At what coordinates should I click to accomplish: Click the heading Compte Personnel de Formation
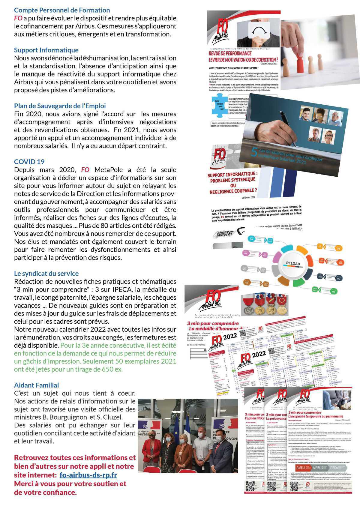click(62, 10)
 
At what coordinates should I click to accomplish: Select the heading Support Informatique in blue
click(46, 50)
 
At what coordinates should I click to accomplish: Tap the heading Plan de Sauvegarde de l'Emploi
click(60, 106)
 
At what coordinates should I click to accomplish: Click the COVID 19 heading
click(29, 162)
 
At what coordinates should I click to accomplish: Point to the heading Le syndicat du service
click(46, 273)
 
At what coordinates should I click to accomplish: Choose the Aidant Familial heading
click(36, 385)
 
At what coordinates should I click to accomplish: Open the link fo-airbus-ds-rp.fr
click(88, 475)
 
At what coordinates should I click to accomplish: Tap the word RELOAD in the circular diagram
click(293, 264)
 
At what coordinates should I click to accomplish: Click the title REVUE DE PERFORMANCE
click(230, 53)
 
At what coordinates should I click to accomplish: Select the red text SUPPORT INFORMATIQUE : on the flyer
click(232, 174)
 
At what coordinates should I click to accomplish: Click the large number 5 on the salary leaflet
click(253, 152)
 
